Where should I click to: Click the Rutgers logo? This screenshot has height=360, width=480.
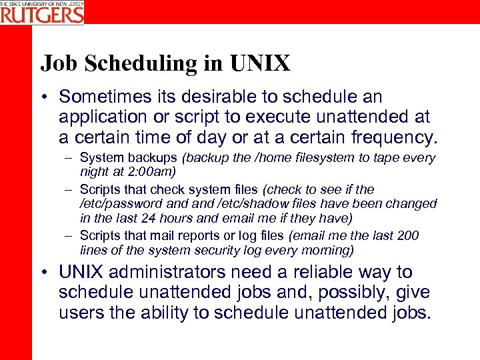[x=42, y=12]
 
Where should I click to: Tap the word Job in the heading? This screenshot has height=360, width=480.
[x=56, y=63]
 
